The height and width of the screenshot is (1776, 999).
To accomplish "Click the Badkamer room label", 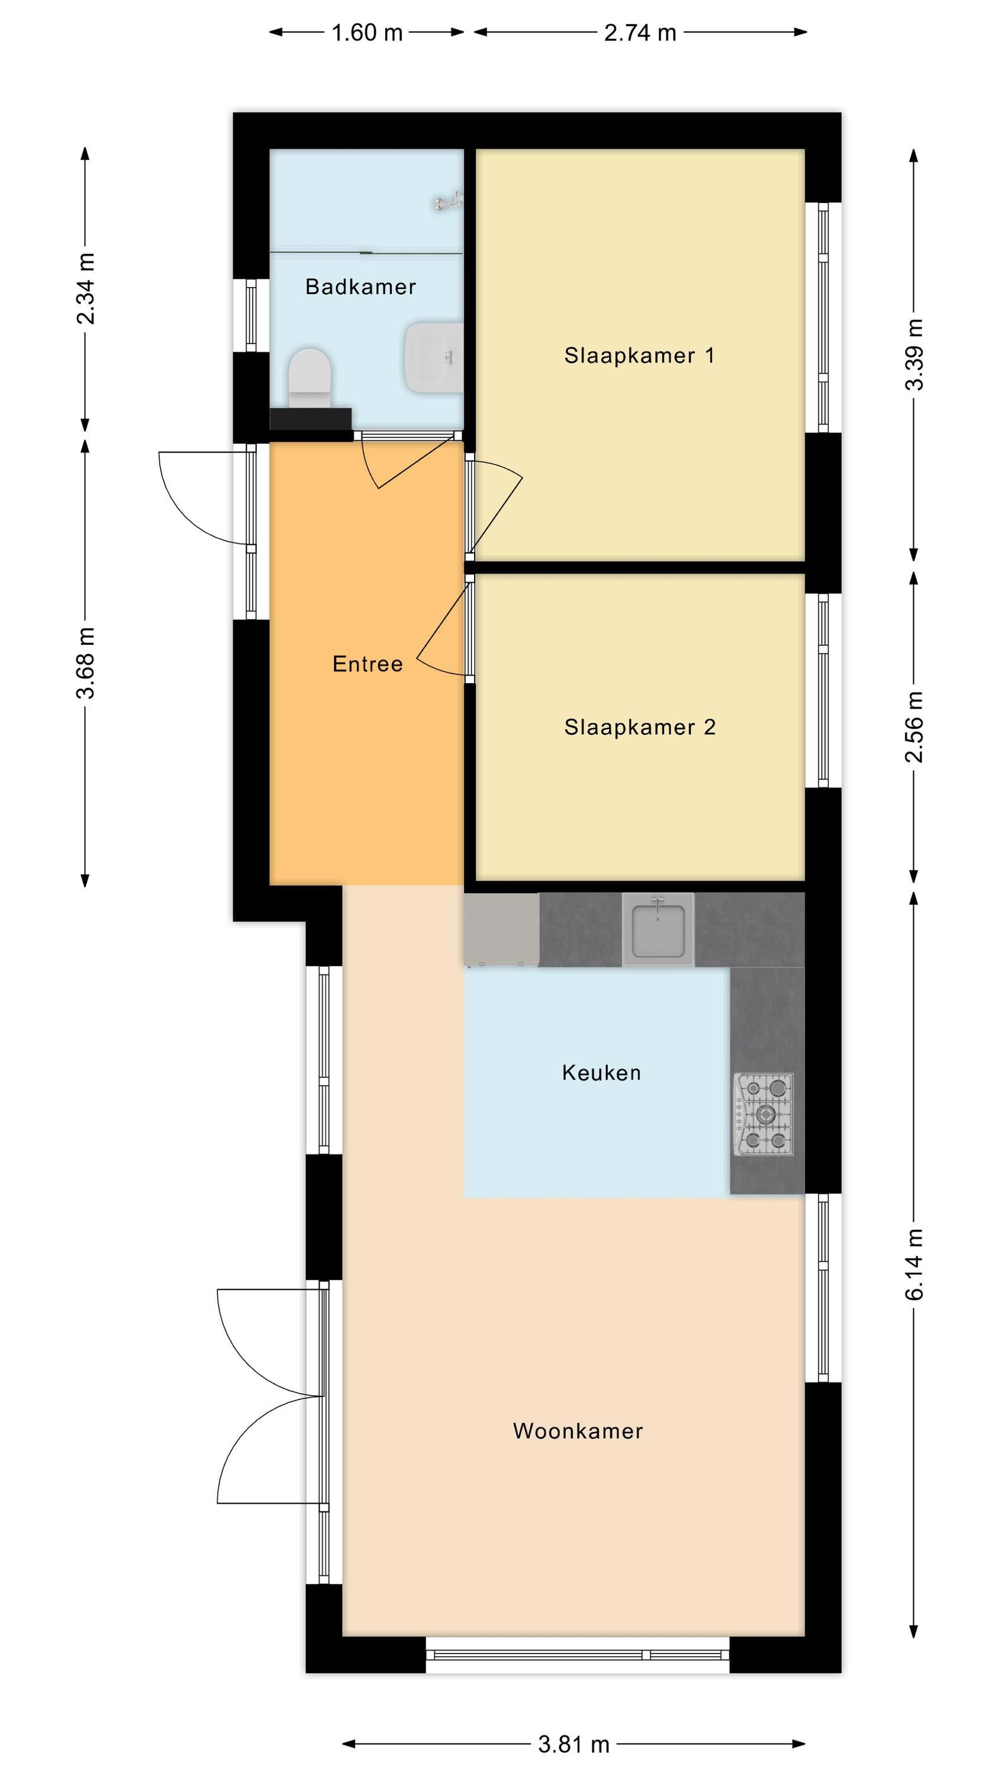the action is point(360,287).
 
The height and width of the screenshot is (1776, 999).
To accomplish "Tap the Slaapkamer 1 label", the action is point(639,356).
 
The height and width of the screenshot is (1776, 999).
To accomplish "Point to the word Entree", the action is point(368,664).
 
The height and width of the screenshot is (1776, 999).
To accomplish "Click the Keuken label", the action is point(601,1073).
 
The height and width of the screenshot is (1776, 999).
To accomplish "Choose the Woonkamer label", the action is point(578,1431).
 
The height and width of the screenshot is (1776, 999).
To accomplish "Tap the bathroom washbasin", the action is point(434,357).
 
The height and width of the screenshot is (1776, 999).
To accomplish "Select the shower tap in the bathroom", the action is point(448,201).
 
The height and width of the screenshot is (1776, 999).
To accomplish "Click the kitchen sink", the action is point(659,929).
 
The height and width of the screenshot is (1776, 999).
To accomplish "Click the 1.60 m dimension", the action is point(367,33).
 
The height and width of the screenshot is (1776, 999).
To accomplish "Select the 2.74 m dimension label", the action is point(640,33).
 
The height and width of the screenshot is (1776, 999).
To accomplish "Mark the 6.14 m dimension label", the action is point(914,1265).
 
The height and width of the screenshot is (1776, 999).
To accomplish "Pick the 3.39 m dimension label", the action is point(914,355).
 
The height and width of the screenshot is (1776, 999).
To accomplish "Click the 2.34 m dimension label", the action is point(85,288).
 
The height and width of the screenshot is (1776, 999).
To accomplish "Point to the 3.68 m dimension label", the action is point(85,663).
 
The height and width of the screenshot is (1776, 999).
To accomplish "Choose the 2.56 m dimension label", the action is point(914,726).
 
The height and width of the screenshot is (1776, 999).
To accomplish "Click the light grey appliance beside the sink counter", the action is point(501,929).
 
